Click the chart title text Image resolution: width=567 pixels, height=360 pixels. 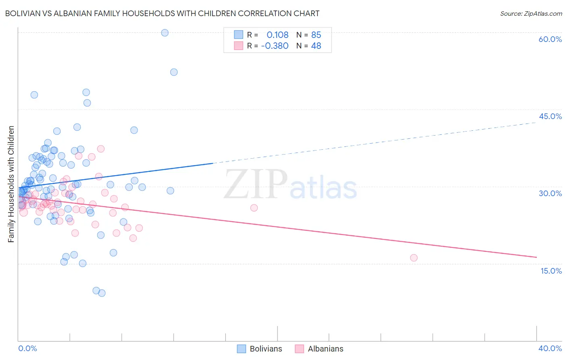pos(162,13)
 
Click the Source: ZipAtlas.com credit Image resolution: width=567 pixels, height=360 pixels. pos(531,13)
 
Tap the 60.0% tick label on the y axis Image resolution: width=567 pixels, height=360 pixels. pos(550,39)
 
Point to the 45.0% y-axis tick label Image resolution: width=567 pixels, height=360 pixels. pos(550,116)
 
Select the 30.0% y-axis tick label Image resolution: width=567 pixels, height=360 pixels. pos(550,193)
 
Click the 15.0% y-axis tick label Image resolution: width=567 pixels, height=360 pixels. pos(551,271)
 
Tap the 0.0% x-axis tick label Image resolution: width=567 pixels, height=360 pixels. pos(27,348)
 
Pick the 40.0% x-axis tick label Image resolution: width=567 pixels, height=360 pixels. pos(550,348)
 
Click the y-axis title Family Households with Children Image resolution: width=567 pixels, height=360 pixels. pos(11,184)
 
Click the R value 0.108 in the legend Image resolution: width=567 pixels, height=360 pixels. pos(277,35)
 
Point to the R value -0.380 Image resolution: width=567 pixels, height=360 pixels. pos(275,46)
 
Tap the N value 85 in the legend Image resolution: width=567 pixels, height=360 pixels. pos(316,35)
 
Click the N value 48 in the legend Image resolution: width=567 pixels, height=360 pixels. pos(316,46)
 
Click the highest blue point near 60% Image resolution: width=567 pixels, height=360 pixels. pos(165,33)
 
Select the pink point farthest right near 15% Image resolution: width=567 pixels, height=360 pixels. pos(413,258)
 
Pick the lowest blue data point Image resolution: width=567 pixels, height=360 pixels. pos(102,293)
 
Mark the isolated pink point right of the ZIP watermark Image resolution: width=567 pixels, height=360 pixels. pos(254,208)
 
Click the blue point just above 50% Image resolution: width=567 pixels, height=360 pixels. pos(174,72)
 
